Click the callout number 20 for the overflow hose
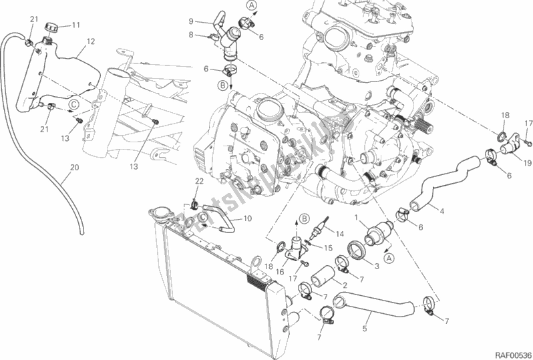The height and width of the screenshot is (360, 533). click(74, 169)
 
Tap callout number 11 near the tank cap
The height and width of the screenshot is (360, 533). click(75, 25)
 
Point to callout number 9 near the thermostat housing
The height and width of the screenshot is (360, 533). click(190, 21)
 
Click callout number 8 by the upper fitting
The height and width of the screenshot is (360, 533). click(190, 35)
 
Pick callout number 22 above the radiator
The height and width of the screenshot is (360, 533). click(198, 182)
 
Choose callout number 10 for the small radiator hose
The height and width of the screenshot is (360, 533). click(247, 218)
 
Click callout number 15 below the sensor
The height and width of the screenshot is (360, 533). click(327, 248)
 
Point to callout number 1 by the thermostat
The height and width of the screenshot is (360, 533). click(357, 218)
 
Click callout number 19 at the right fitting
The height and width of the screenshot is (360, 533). click(527, 162)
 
